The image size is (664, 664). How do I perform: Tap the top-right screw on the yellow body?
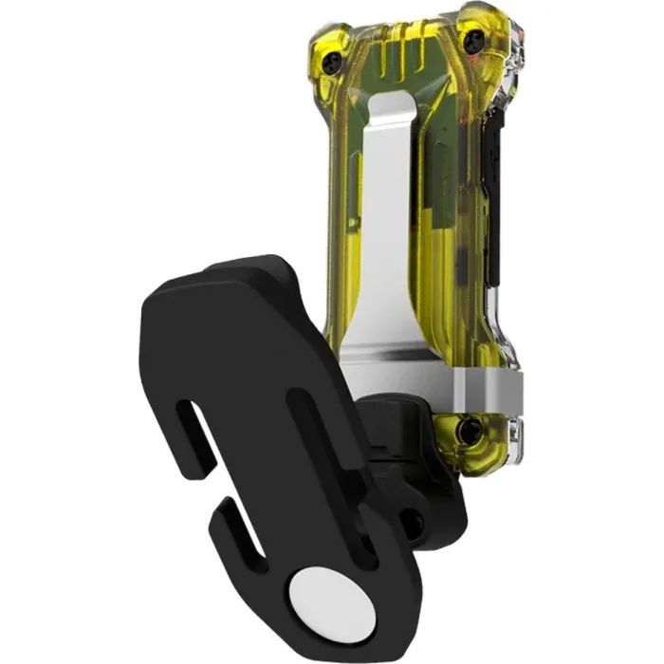(471, 39)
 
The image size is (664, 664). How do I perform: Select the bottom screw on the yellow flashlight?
(466, 432)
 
